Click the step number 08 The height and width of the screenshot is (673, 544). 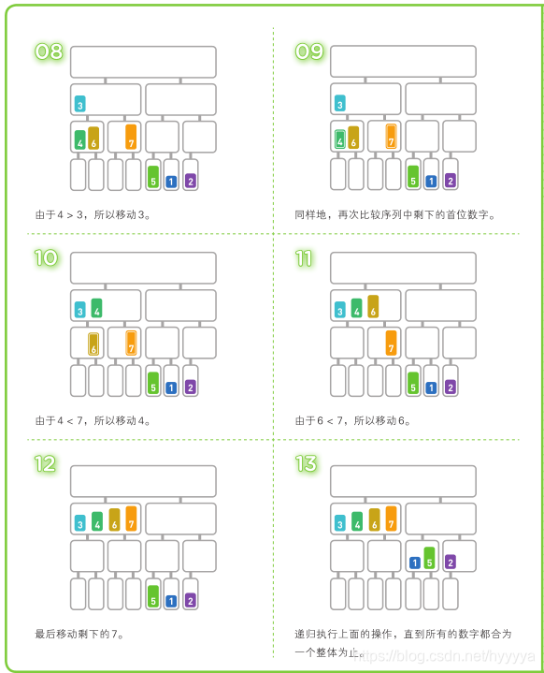(x=49, y=51)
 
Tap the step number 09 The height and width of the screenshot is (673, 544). (x=309, y=51)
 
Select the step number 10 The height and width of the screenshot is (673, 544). (x=47, y=258)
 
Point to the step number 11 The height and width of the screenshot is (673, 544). (x=304, y=258)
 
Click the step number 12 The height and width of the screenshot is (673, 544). (x=46, y=464)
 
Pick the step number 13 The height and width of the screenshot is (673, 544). (x=306, y=464)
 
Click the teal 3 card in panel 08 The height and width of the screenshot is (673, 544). (x=80, y=104)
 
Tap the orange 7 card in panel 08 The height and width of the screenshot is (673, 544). (x=131, y=137)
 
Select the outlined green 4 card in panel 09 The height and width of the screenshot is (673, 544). (x=340, y=139)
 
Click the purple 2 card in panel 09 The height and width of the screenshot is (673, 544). (x=451, y=181)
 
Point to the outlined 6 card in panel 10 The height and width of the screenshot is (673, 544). (x=93, y=344)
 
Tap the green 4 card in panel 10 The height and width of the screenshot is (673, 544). (x=97, y=308)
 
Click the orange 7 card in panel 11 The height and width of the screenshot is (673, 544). (x=391, y=343)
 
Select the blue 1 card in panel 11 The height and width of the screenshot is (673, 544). (x=431, y=388)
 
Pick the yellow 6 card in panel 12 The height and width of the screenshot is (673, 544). (x=114, y=519)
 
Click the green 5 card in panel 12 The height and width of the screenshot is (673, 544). (x=153, y=596)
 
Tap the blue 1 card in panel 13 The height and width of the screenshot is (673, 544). (x=414, y=563)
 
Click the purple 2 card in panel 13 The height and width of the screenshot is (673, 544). (x=451, y=562)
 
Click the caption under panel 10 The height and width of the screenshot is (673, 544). (x=93, y=420)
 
